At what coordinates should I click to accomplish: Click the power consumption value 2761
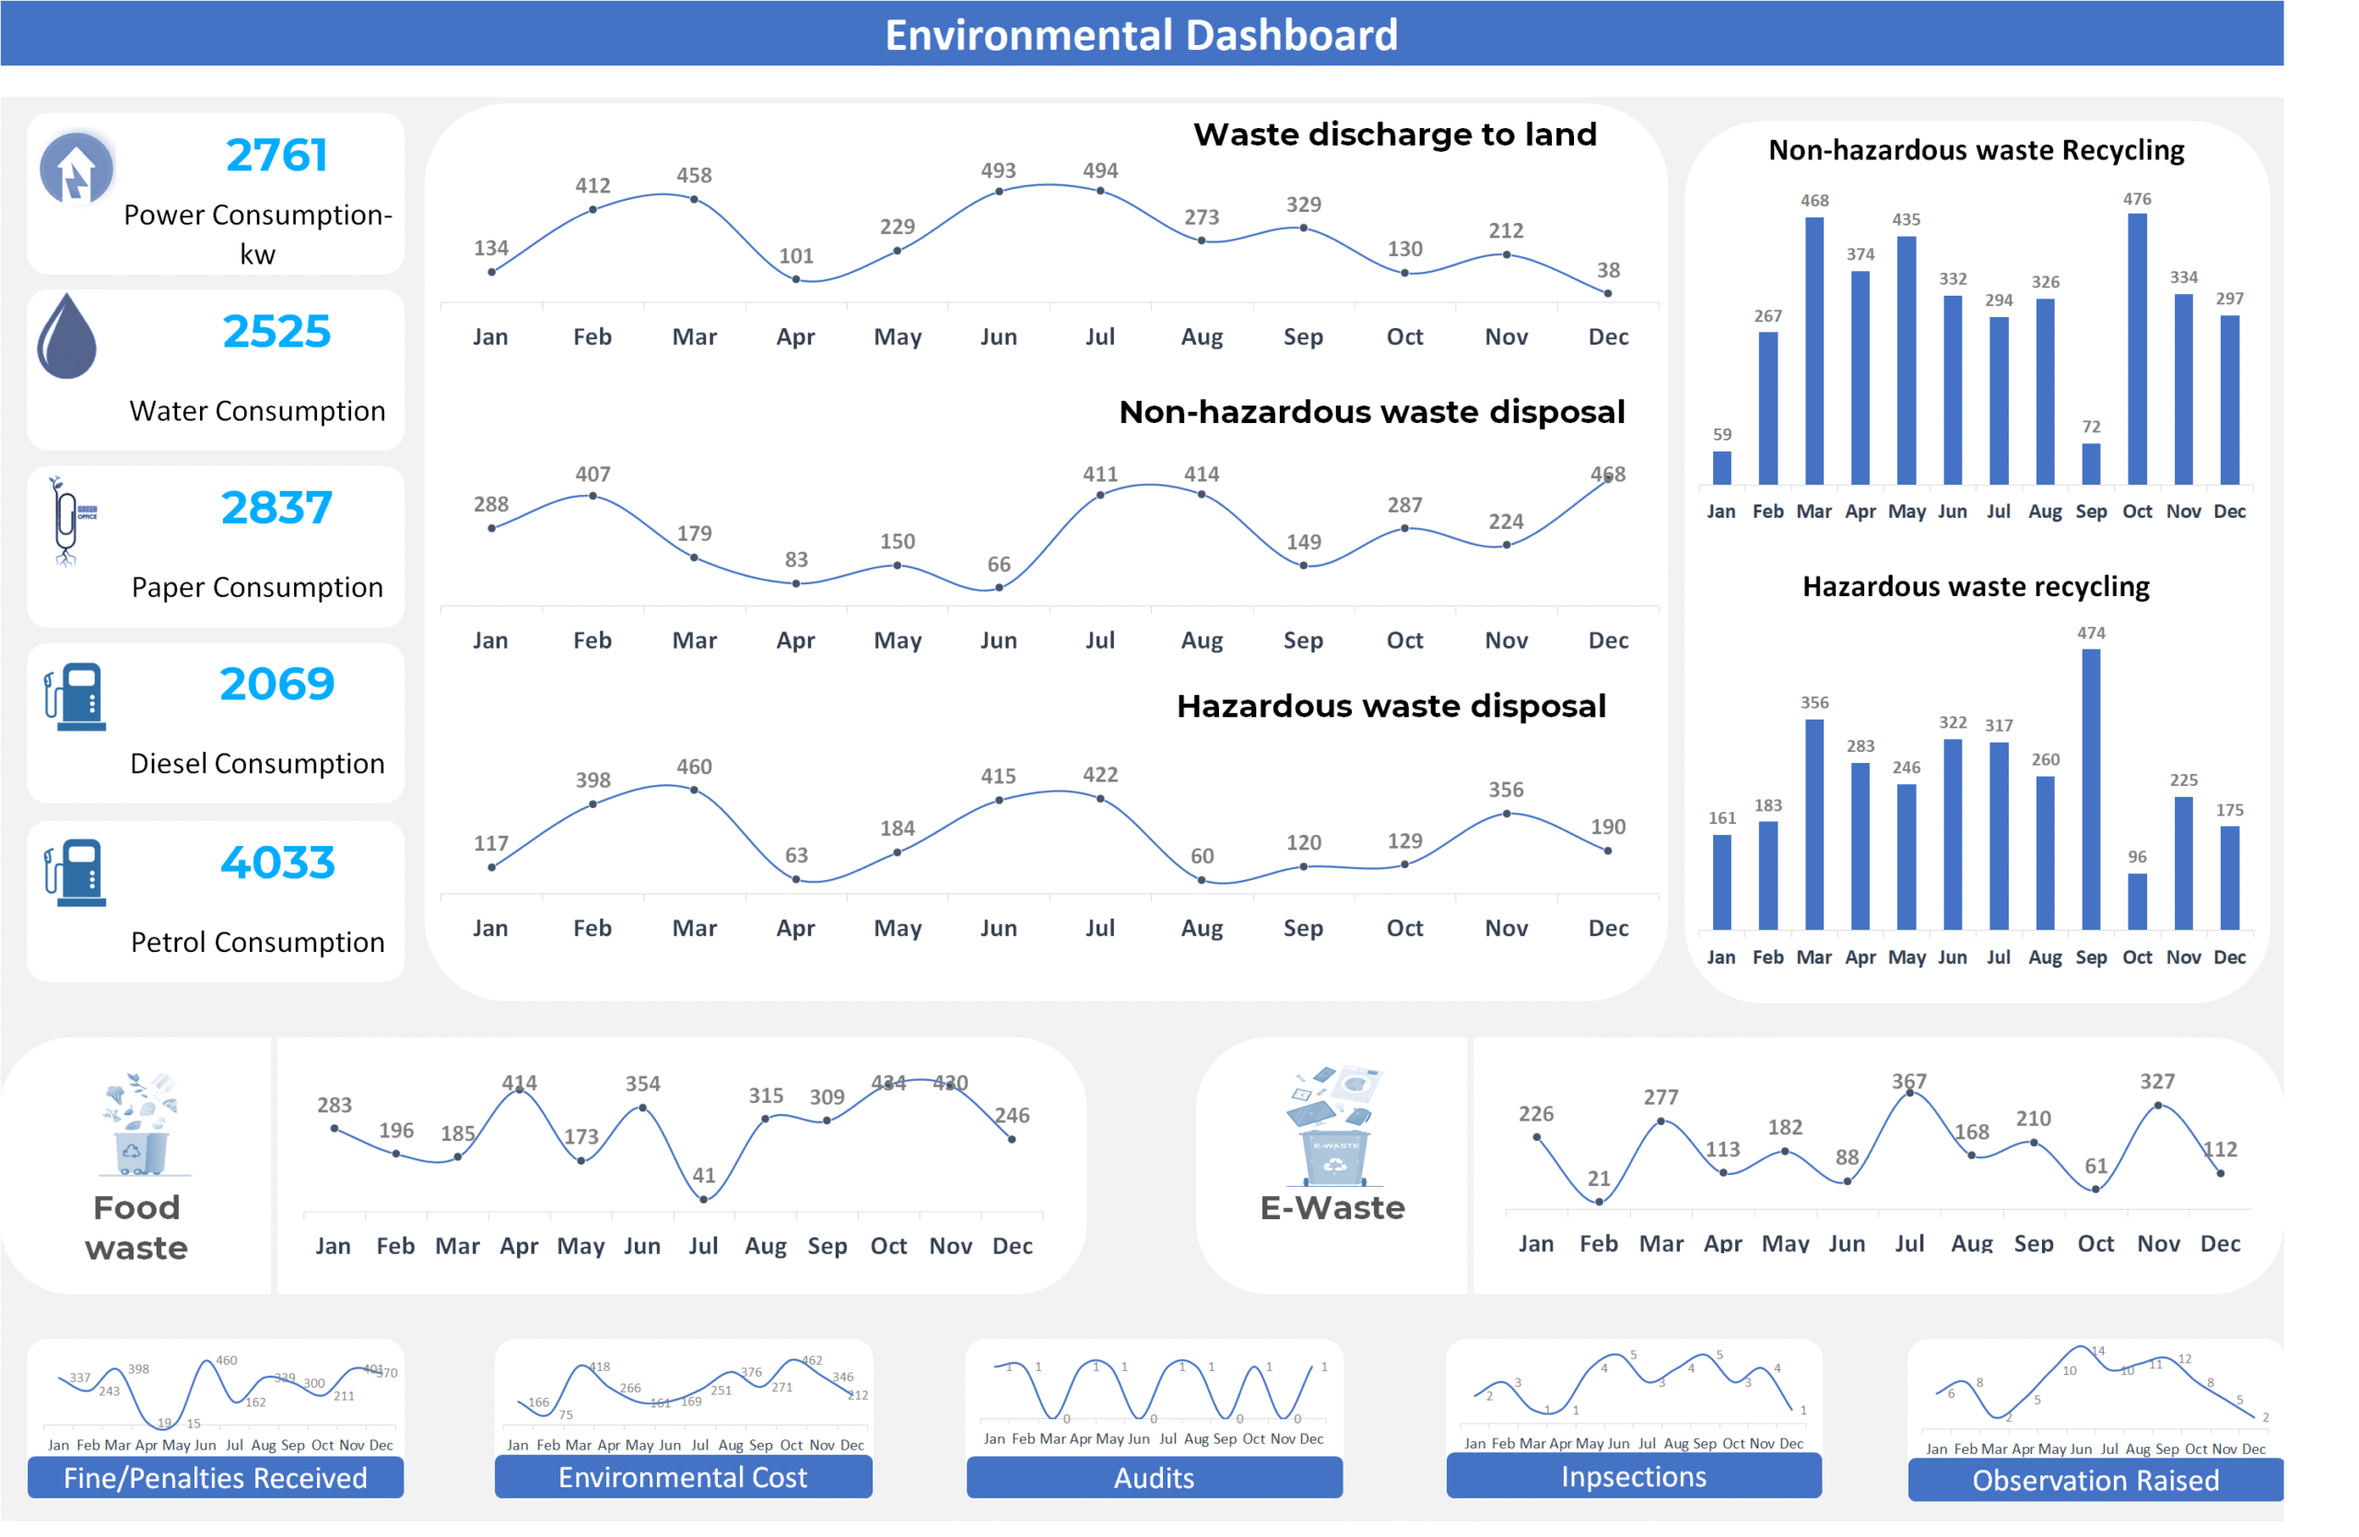tap(276, 155)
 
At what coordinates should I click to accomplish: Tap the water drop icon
tap(66, 337)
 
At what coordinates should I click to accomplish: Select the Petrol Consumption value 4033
tap(277, 862)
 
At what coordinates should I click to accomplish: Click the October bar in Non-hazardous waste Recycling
tap(2137, 349)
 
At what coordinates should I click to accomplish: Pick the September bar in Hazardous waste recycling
tap(2091, 789)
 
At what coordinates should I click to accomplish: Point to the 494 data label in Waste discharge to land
tap(1100, 170)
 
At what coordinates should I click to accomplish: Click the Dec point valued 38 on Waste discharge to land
tap(1608, 293)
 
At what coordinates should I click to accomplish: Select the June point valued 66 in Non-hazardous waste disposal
tap(999, 588)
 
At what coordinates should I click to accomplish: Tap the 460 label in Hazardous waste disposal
tap(694, 766)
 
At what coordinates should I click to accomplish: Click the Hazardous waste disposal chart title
tap(1391, 706)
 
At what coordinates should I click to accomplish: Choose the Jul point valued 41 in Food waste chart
tap(704, 1199)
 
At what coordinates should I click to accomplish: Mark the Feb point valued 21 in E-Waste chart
tap(1599, 1201)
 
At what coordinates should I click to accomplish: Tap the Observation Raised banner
tap(2095, 1480)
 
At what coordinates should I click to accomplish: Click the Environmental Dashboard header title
tap(1141, 35)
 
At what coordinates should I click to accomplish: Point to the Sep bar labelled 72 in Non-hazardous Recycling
tap(2091, 463)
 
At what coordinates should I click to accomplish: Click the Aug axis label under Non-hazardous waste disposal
tap(1202, 640)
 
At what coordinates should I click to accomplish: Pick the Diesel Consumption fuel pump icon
tap(76, 697)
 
